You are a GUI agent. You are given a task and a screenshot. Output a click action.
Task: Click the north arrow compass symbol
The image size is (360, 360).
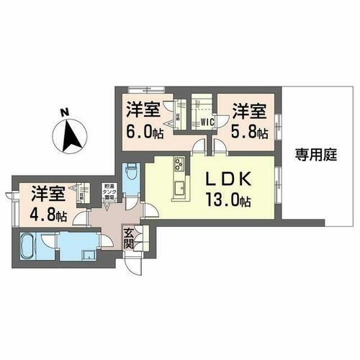click(69, 135)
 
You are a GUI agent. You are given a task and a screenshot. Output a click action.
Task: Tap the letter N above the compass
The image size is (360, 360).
click(63, 112)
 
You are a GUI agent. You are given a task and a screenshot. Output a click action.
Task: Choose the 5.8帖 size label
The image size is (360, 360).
click(249, 132)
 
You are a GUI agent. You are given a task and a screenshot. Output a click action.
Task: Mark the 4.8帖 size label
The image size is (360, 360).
click(48, 214)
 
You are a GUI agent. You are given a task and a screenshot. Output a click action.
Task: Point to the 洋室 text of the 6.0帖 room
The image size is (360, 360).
click(145, 109)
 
